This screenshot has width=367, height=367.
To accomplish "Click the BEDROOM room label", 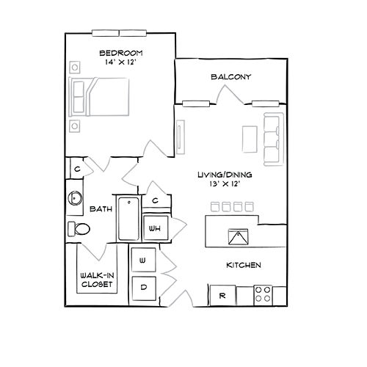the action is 121,53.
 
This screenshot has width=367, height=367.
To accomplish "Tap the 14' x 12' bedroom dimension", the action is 120,62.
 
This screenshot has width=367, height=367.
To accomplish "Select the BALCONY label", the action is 231,77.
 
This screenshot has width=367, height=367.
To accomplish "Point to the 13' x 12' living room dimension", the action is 225,183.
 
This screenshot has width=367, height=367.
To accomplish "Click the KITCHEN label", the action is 244,265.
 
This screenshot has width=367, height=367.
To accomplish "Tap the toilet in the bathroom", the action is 79,229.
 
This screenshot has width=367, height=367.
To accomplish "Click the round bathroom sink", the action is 75,197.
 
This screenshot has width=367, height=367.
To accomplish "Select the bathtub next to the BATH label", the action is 128,219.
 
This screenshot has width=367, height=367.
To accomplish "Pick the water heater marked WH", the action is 156,228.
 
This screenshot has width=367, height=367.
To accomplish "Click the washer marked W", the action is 143,260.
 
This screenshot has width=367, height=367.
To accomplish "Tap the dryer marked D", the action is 144,288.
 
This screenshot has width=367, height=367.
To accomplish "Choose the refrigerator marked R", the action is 222,296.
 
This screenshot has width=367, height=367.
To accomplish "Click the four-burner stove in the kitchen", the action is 263,295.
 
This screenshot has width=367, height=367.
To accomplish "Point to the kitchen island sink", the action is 238,237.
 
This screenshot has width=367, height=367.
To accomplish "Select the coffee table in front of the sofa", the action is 250,139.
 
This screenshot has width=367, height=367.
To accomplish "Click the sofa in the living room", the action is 274,139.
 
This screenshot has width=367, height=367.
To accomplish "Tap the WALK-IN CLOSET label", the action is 97,280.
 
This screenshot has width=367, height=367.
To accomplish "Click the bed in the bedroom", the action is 99,97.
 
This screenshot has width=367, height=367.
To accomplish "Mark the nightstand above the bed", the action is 75,67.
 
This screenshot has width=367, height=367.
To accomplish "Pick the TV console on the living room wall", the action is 181,137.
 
